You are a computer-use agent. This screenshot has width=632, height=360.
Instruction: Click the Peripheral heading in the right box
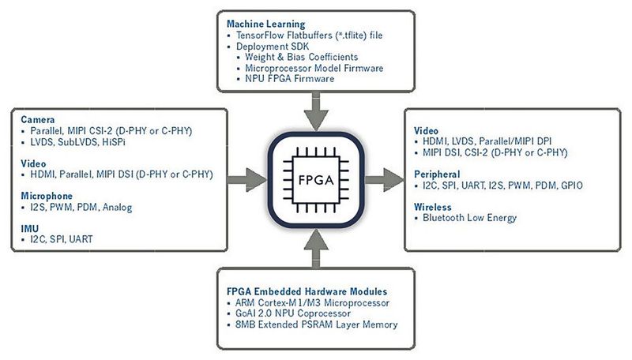pos(438,173)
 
